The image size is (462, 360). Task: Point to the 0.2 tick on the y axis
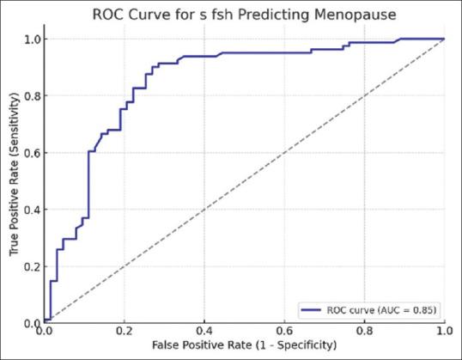tap(32, 266)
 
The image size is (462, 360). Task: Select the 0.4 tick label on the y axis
tap(32, 210)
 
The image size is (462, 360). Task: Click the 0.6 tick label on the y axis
tap(32, 153)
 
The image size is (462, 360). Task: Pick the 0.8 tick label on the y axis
tap(32, 95)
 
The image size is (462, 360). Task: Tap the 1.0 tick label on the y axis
tap(32, 39)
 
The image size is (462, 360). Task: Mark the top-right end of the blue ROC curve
tap(444, 39)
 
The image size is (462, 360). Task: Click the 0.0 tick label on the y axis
tap(32, 323)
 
